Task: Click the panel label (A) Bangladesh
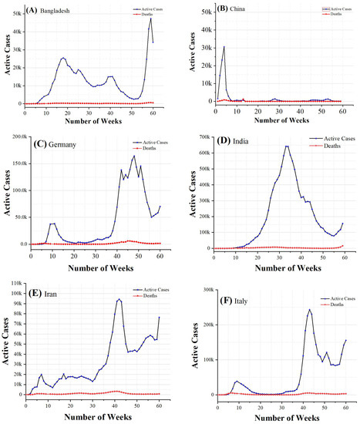pos(49,12)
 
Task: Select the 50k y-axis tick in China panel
pos(204,12)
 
